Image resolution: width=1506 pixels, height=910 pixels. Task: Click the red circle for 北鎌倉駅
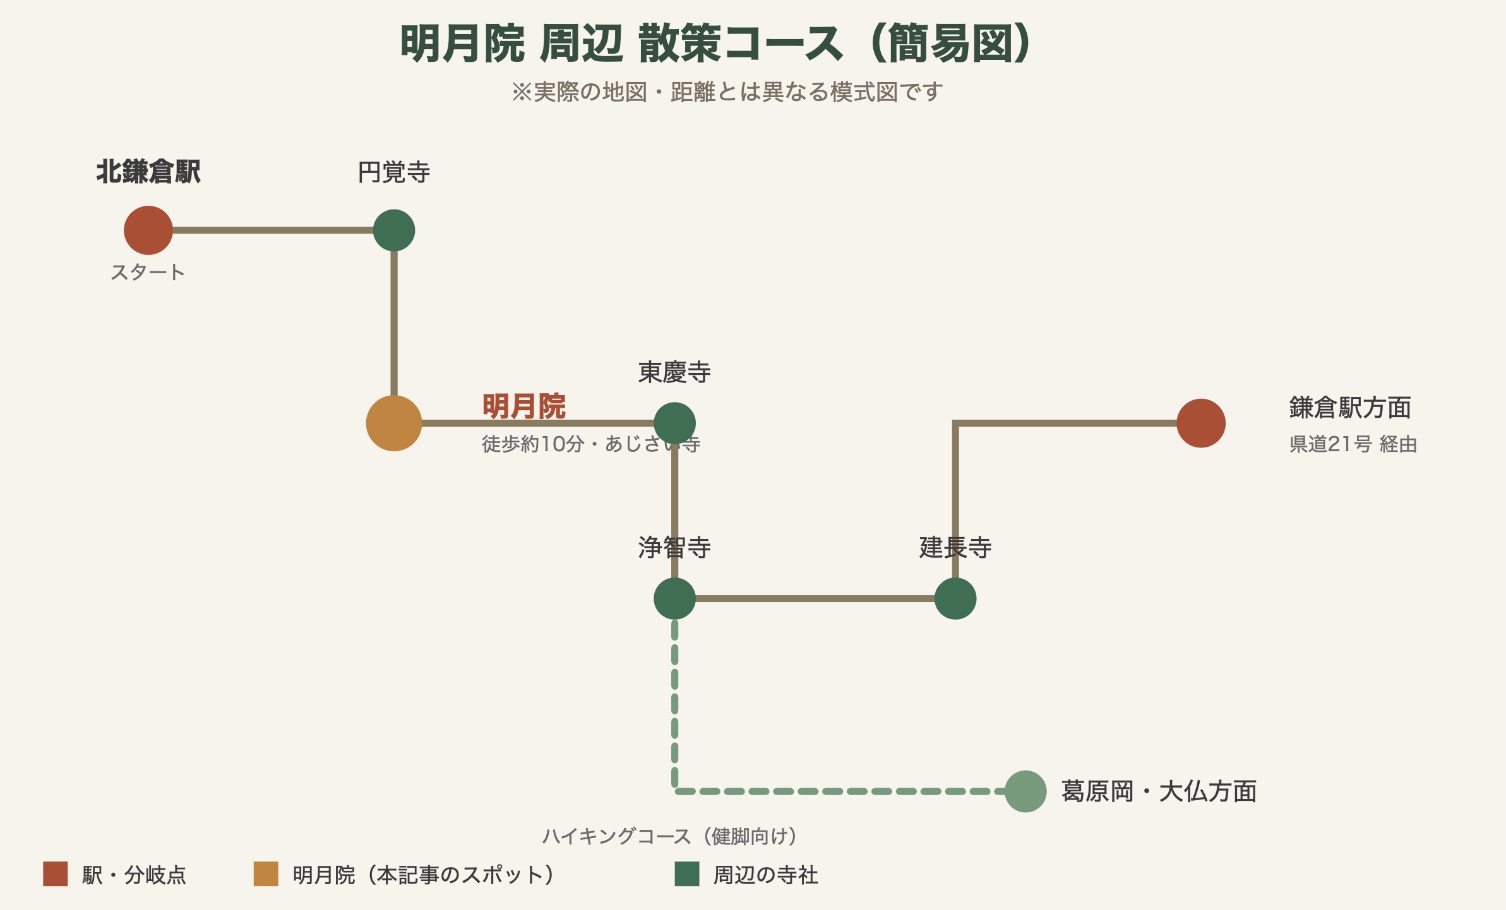(x=148, y=230)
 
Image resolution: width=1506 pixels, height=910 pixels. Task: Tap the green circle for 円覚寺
(x=394, y=230)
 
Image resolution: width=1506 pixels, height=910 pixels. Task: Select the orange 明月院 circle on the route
(x=394, y=423)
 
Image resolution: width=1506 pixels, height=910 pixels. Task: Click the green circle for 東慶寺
(x=675, y=423)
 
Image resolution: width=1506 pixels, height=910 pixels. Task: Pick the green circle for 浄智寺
(x=675, y=598)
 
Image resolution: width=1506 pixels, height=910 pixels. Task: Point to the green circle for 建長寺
(x=955, y=598)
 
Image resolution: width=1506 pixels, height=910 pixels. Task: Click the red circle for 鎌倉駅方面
(x=1201, y=423)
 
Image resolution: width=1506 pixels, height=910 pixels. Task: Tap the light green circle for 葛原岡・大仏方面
(x=1025, y=791)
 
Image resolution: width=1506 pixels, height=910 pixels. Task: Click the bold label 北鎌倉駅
(x=148, y=172)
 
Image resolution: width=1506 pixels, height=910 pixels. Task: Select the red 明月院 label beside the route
(x=524, y=406)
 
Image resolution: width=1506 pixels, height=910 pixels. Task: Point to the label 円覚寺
(x=394, y=172)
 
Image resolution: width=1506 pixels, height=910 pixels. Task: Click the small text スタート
(x=148, y=273)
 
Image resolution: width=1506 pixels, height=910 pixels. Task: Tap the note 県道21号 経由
(x=1353, y=444)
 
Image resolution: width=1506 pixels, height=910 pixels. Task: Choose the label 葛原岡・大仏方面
(x=1159, y=791)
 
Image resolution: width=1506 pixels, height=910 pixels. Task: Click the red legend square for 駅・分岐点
(x=56, y=874)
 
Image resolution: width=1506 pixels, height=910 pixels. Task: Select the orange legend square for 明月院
(x=266, y=874)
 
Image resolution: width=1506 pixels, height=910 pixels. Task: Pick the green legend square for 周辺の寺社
(x=687, y=874)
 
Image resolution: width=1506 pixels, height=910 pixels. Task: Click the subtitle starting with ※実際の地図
(x=727, y=92)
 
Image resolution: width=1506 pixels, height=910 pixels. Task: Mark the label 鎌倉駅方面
(x=1350, y=408)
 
